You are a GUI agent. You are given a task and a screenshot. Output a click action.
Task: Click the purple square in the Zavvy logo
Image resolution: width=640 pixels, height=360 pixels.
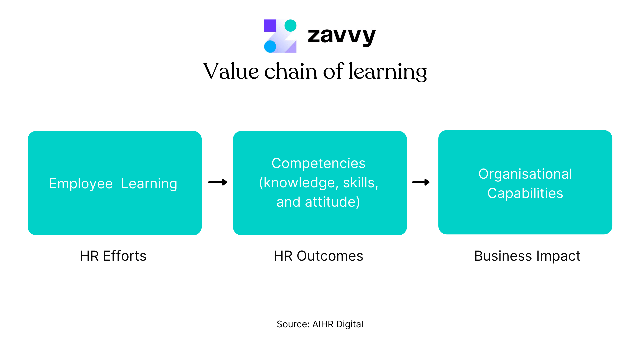pos(270,25)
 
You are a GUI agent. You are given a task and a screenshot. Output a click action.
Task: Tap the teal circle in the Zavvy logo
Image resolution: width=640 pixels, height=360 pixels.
pos(290,25)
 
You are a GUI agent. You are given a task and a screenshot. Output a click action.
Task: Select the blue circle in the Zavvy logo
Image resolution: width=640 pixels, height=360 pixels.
pos(270,46)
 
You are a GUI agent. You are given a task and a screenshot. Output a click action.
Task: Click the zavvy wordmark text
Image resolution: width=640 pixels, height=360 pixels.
pos(342,36)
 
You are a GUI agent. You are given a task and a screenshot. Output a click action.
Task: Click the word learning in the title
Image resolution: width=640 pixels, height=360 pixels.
pos(388,72)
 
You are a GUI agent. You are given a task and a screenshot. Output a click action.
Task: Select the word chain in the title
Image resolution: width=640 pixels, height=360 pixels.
pos(291,71)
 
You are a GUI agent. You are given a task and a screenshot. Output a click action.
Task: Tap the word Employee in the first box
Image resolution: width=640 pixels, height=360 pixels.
pos(81,184)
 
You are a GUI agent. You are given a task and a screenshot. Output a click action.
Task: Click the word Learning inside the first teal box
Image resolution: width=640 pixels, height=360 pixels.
pos(149,184)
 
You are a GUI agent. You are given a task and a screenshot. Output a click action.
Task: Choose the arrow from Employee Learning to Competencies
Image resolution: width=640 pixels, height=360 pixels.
pos(218,182)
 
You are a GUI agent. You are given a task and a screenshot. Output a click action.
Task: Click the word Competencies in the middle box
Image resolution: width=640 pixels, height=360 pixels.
pos(319,163)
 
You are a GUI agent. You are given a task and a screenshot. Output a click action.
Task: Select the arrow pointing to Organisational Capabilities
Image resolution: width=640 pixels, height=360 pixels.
pos(421,182)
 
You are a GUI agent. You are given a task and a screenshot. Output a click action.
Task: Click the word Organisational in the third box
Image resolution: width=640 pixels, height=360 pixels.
pos(525,174)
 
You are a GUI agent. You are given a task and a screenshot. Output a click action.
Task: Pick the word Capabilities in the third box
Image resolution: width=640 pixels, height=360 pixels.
pos(525,193)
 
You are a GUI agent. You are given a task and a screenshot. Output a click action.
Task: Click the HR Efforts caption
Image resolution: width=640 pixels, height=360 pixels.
pos(113,256)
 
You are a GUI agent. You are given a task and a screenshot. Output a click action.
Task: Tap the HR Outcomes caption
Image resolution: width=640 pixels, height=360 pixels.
pos(319,256)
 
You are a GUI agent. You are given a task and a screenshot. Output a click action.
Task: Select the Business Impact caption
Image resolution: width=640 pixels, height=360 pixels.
pos(527,256)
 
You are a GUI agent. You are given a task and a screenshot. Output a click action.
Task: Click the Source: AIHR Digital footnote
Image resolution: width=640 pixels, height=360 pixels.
pos(320,324)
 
